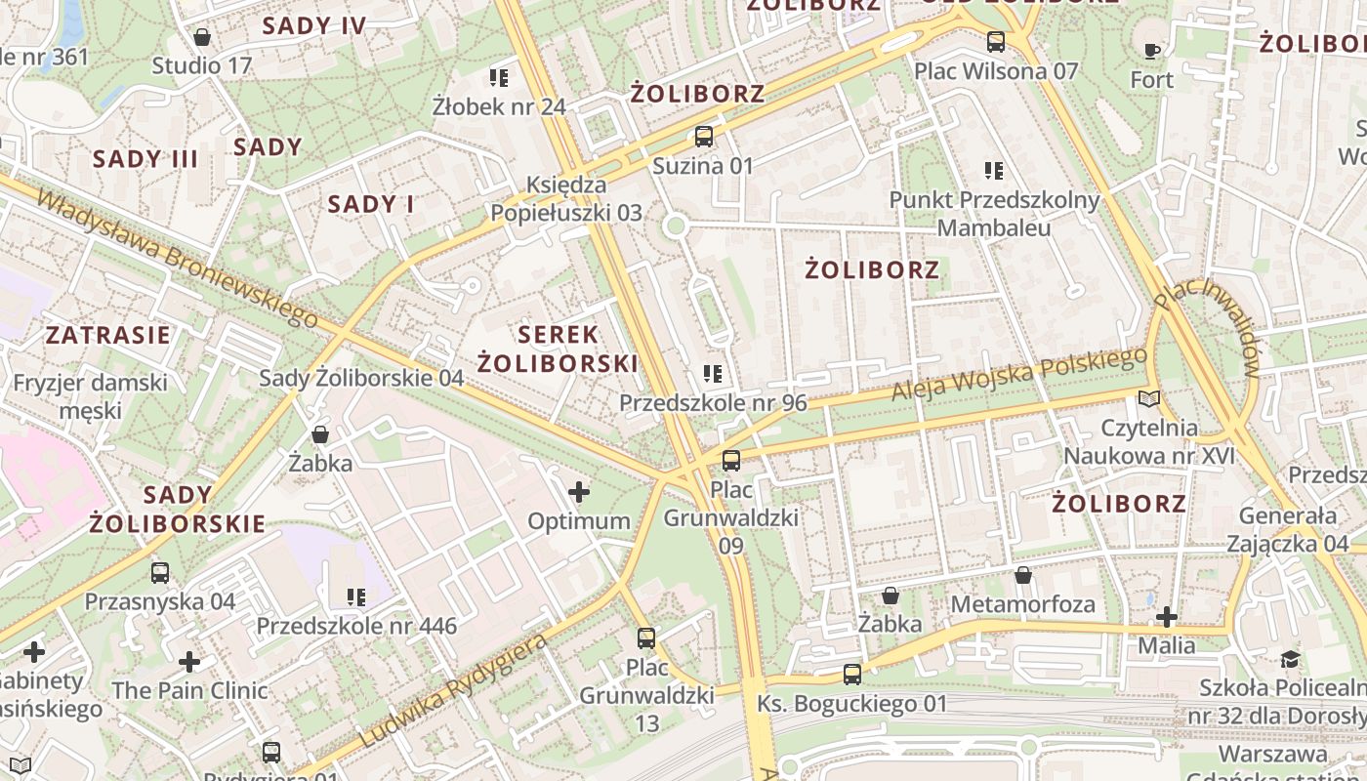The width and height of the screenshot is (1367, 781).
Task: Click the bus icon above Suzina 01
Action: click(x=703, y=137)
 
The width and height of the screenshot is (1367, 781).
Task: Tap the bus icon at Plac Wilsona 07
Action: click(x=996, y=42)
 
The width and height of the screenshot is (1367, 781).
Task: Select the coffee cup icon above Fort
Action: click(x=1152, y=50)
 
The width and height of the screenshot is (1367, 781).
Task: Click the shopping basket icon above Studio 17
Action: click(x=202, y=37)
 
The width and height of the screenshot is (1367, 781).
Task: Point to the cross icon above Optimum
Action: click(x=579, y=492)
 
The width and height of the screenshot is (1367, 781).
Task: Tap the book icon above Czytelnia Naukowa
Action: click(x=1150, y=398)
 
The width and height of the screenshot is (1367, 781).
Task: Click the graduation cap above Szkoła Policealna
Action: click(x=1291, y=659)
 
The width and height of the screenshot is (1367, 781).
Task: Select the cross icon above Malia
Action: click(x=1167, y=616)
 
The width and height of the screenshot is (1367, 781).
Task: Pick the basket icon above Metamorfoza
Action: click(x=1023, y=575)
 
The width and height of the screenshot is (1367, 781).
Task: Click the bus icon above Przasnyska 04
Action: click(x=160, y=573)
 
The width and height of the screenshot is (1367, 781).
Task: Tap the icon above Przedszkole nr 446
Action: click(x=356, y=596)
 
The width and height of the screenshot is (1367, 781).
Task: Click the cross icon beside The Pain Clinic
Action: click(x=189, y=663)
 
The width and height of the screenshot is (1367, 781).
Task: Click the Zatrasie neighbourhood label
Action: click(x=108, y=335)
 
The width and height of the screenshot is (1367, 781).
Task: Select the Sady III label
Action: click(x=145, y=159)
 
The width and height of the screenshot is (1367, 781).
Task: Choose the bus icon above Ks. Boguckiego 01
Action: click(x=852, y=674)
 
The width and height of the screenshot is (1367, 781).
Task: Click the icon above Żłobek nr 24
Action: click(x=499, y=77)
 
